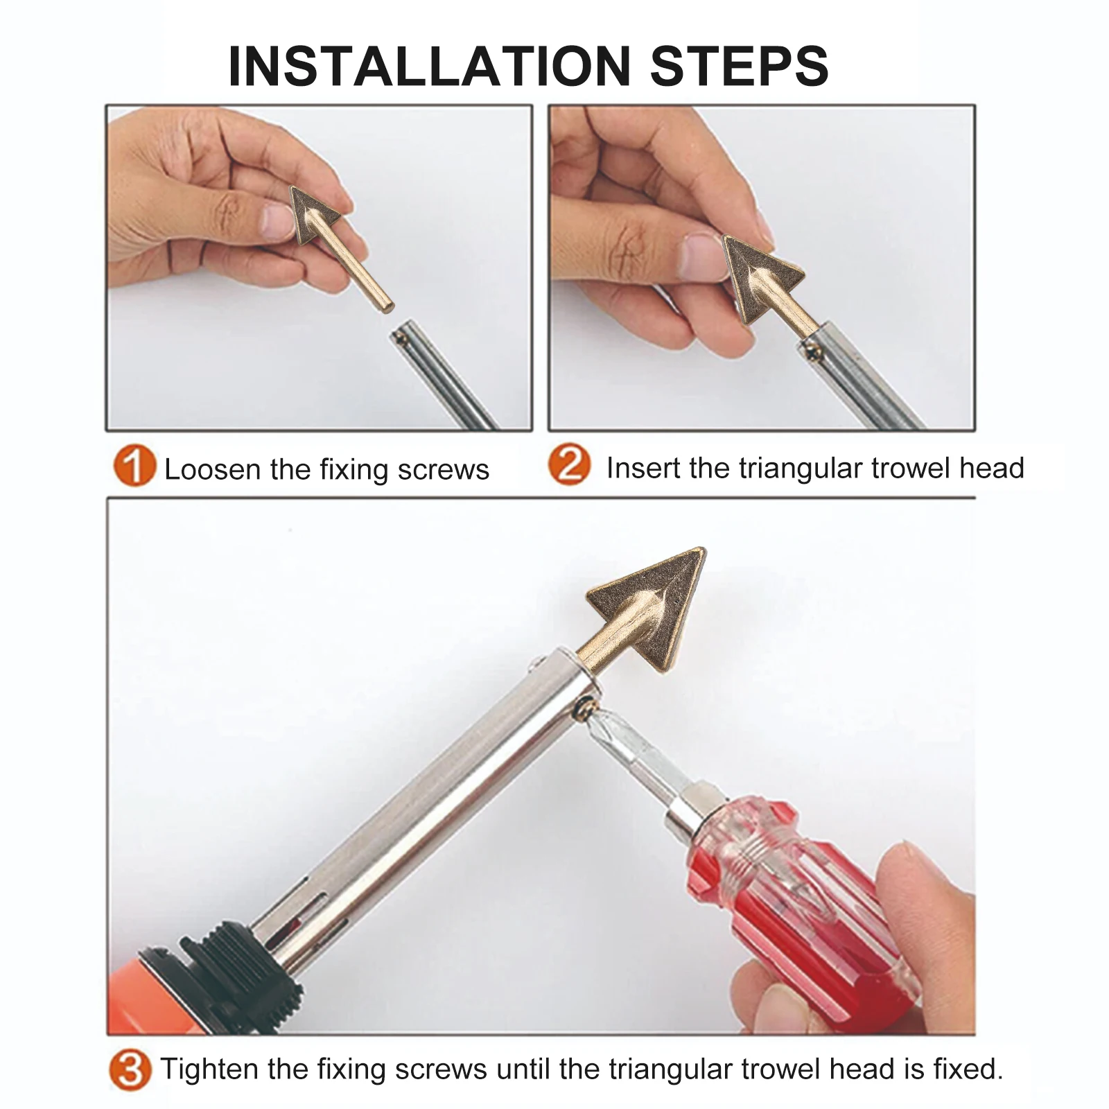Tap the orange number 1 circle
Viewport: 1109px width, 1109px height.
[133, 466]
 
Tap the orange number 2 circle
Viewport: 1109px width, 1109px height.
[569, 464]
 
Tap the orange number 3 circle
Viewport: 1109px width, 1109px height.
[130, 1071]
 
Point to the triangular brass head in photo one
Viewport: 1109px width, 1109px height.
[313, 213]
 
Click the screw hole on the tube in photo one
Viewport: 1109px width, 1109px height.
[400, 338]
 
